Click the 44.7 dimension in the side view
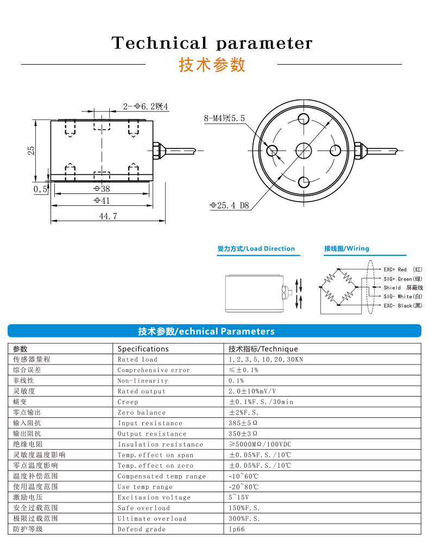pyautogui.click(x=108, y=216)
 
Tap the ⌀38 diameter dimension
pyautogui.click(x=102, y=189)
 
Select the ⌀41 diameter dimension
pyautogui.click(x=102, y=200)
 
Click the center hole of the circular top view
pyautogui.click(x=304, y=150)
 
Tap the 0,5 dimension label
pyautogui.click(x=40, y=189)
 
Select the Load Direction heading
pyautogui.click(x=256, y=249)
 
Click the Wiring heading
pyautogui.click(x=346, y=249)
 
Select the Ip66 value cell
pyautogui.click(x=237, y=529)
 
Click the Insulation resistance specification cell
pyautogui.click(x=160, y=444)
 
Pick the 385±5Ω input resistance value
pyautogui.click(x=243, y=423)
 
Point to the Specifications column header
pyautogui.click(x=143, y=349)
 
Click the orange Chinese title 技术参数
pyautogui.click(x=212, y=65)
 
